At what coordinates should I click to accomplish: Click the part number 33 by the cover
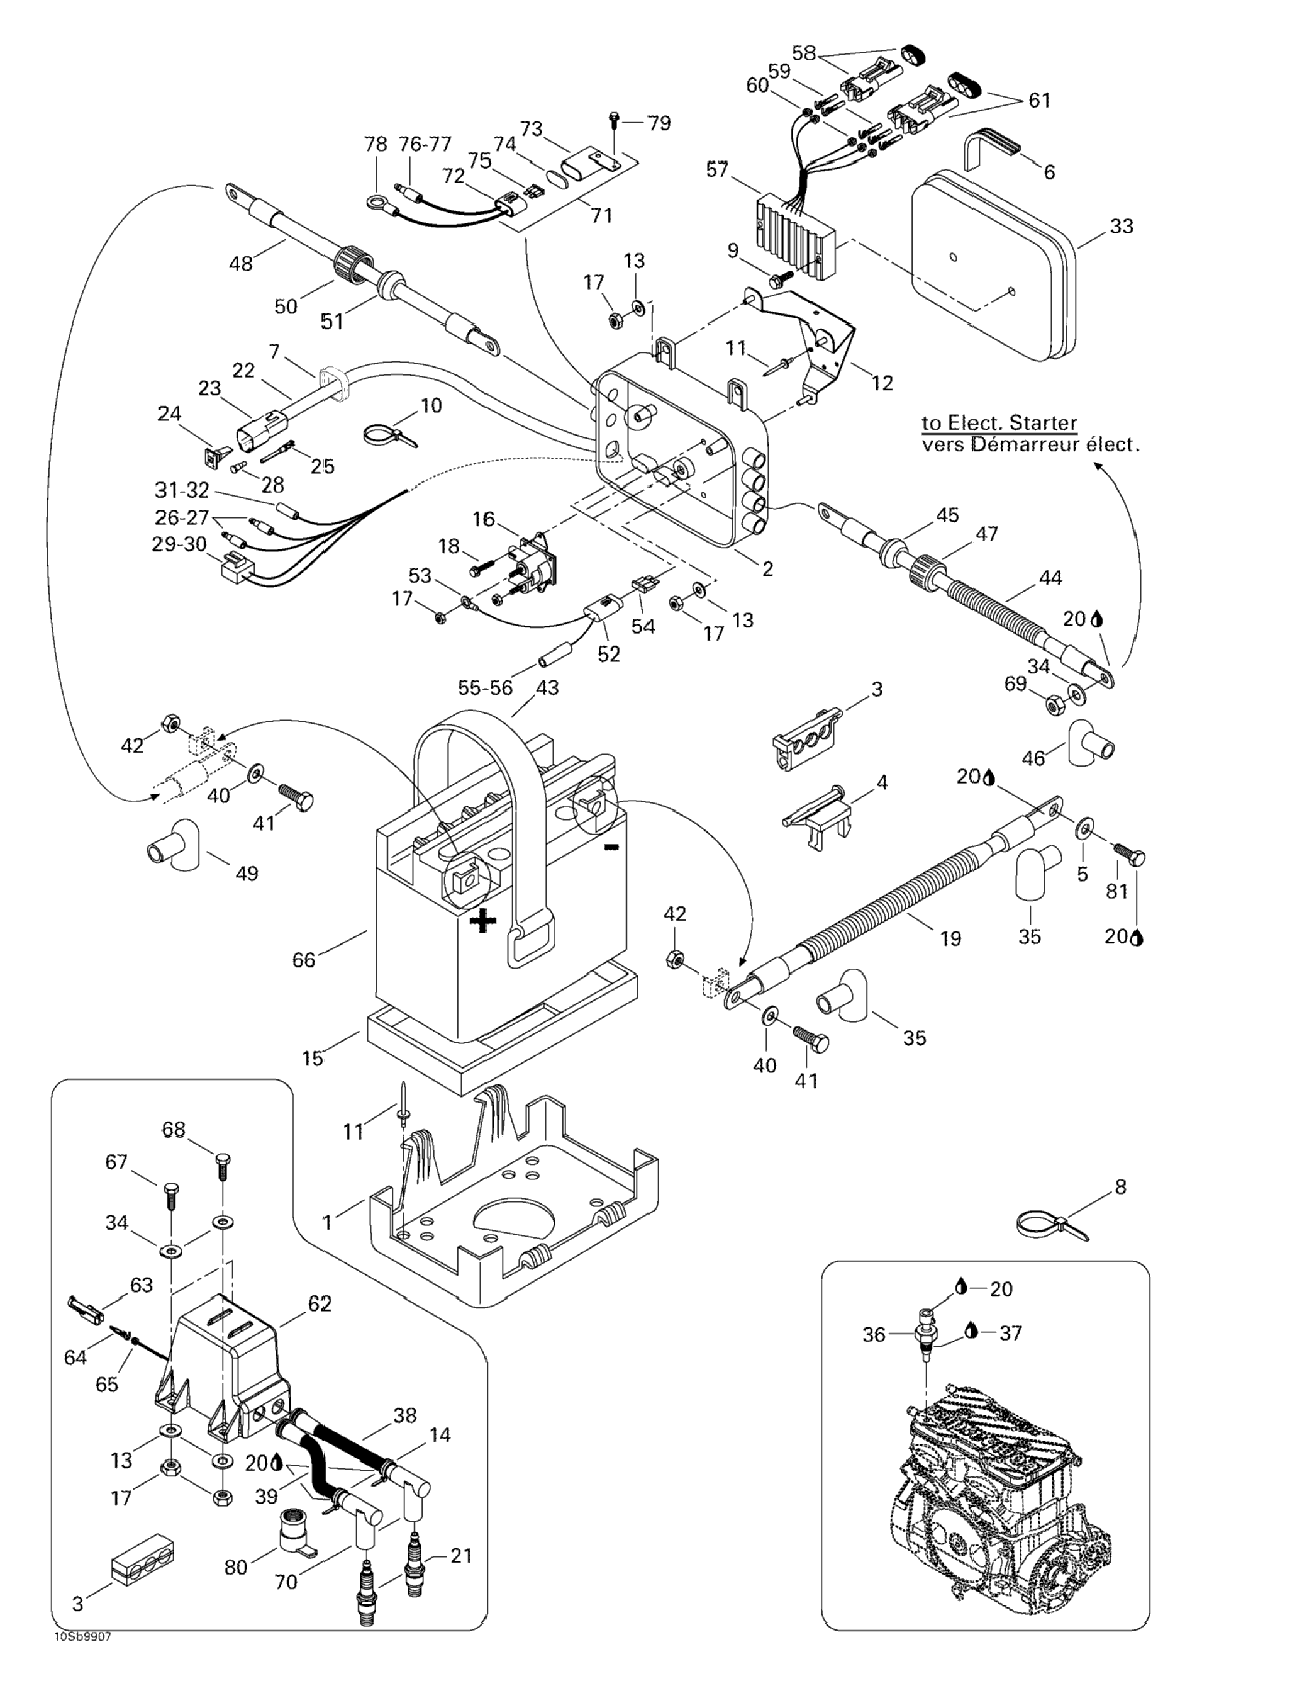[x=1122, y=227]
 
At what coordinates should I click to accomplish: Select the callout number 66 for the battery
[x=304, y=960]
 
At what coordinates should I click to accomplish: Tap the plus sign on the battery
[x=482, y=921]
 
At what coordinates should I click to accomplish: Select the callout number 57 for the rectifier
[x=717, y=169]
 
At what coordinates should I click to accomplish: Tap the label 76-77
[x=425, y=144]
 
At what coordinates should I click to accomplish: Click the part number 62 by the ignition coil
[x=320, y=1303]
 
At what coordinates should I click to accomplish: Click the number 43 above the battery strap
[x=547, y=687]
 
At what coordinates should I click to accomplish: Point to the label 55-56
[x=484, y=687]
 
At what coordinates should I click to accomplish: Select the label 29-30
[x=179, y=544]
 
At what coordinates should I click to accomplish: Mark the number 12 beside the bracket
[x=882, y=383]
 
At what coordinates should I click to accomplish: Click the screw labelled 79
[x=614, y=120]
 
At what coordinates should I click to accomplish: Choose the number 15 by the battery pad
[x=313, y=1059]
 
